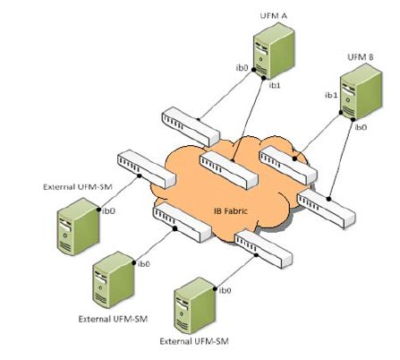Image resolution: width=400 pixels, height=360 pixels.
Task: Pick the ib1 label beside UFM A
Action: tap(273, 86)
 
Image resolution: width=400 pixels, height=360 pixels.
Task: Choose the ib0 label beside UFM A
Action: tap(241, 67)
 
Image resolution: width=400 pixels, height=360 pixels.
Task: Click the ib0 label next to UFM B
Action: tap(361, 128)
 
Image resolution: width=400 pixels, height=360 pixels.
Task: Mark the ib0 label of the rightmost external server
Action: tap(226, 291)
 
